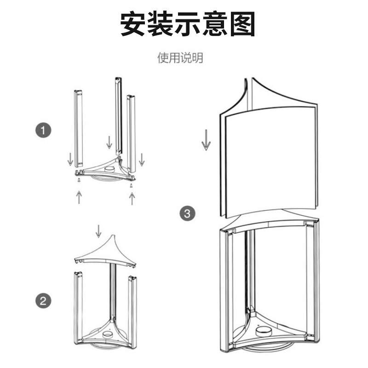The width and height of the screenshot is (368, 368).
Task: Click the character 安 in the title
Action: [x=134, y=23]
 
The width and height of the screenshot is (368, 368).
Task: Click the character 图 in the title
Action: [x=241, y=23]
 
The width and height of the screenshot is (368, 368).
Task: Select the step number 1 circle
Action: [x=43, y=131]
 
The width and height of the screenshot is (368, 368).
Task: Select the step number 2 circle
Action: [x=43, y=301]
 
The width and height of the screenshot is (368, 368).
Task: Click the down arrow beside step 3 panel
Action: [x=206, y=140]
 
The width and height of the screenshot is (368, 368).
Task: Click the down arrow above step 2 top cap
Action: [x=98, y=231]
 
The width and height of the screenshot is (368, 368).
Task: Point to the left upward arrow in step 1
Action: [x=79, y=196]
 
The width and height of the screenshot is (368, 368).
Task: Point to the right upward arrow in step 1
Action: [x=132, y=198]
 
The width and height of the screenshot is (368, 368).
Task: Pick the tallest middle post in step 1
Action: [x=118, y=115]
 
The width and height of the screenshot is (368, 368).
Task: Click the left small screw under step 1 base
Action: [x=79, y=180]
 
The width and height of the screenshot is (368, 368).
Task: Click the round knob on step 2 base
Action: [x=109, y=335]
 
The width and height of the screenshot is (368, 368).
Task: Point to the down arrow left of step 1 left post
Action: [x=70, y=159]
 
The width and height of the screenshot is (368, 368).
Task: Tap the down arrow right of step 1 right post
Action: [x=142, y=159]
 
